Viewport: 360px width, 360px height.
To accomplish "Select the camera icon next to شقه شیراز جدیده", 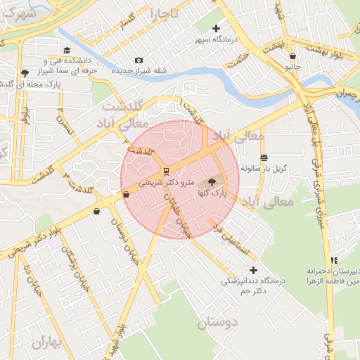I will (x=139, y=60).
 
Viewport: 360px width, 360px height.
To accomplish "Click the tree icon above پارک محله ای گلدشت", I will (x=25, y=72).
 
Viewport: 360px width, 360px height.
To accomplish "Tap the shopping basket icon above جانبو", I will (x=292, y=56).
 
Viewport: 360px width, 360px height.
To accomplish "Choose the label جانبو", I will (x=292, y=67).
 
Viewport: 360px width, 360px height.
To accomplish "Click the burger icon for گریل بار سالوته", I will (x=264, y=157).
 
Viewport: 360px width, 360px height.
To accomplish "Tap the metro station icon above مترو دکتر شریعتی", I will (x=165, y=171).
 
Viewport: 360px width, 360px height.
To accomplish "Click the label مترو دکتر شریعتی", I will (x=160, y=182).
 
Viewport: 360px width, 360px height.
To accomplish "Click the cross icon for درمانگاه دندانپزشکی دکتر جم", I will (x=253, y=270).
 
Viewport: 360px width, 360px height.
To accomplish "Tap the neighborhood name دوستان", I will (x=218, y=323).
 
